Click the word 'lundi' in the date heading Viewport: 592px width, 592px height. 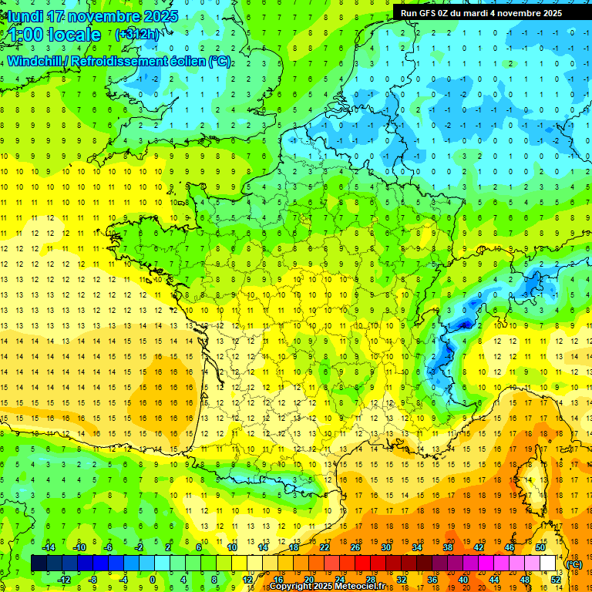[x=25, y=16]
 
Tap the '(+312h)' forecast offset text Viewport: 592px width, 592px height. [x=137, y=35]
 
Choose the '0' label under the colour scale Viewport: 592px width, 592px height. [x=153, y=580]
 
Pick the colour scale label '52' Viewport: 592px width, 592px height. [x=555, y=580]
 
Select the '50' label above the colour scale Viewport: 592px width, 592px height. [x=540, y=548]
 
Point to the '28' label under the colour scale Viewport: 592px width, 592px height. [x=370, y=580]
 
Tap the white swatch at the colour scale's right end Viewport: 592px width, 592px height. [x=548, y=563]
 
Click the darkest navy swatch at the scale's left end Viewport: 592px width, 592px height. [x=39, y=563]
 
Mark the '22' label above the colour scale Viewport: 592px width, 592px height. [x=324, y=548]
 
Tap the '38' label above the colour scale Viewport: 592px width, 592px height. [x=447, y=548]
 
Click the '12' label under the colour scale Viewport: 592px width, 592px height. [x=247, y=580]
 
